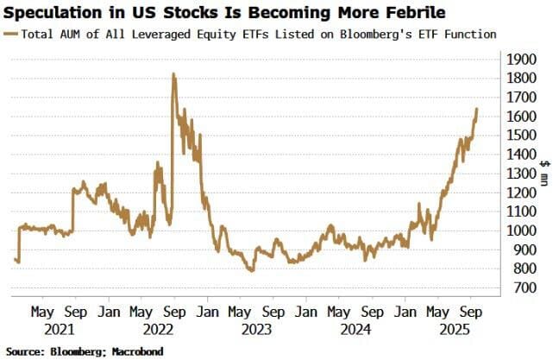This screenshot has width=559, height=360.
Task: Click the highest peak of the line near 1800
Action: pos(173,74)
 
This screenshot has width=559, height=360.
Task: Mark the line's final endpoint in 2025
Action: pos(478,109)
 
